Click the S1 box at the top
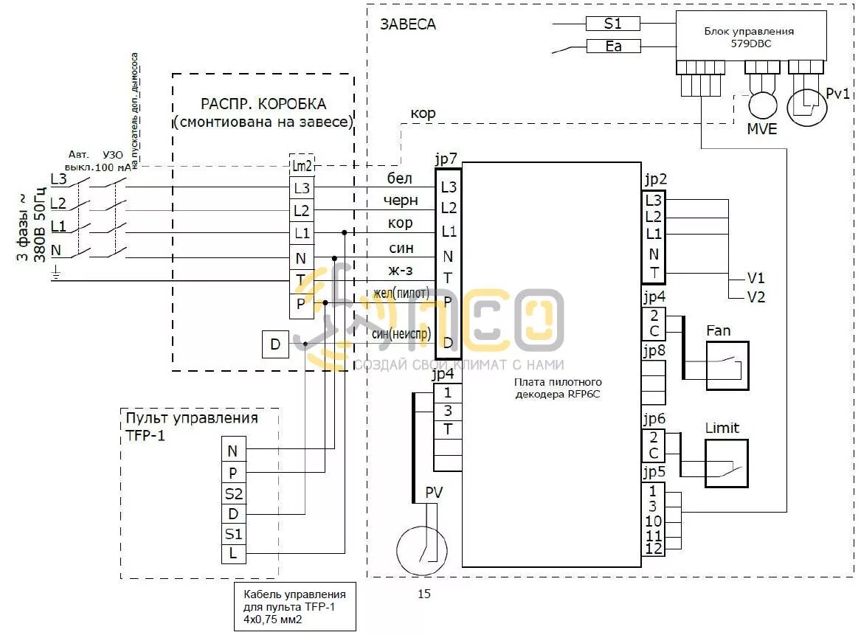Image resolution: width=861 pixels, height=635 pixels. pyautogui.click(x=612, y=24)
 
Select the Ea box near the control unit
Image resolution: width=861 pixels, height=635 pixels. pyautogui.click(x=612, y=46)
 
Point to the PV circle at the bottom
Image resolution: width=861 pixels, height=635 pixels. pyautogui.click(x=422, y=548)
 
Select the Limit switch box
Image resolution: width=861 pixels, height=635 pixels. pyautogui.click(x=726, y=463)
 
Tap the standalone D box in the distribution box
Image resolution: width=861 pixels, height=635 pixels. pyautogui.click(x=275, y=344)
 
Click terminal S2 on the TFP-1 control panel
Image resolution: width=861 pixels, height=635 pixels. pyautogui.click(x=233, y=493)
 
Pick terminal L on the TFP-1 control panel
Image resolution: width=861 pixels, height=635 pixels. pyautogui.click(x=233, y=552)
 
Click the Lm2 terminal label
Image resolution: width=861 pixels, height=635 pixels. pyautogui.click(x=302, y=166)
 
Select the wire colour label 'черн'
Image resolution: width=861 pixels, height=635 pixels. pyautogui.click(x=401, y=201)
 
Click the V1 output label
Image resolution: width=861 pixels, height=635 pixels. pyautogui.click(x=755, y=279)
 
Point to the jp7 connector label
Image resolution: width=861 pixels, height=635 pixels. pyautogui.click(x=447, y=159)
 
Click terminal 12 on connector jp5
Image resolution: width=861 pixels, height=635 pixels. pyautogui.click(x=654, y=549)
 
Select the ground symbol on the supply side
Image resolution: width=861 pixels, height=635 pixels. pyautogui.click(x=55, y=276)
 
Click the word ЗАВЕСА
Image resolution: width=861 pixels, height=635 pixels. pyautogui.click(x=408, y=24)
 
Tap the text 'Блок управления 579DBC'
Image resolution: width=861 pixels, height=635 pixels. pyautogui.click(x=749, y=37)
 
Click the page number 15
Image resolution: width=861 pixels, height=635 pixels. pyautogui.click(x=423, y=594)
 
